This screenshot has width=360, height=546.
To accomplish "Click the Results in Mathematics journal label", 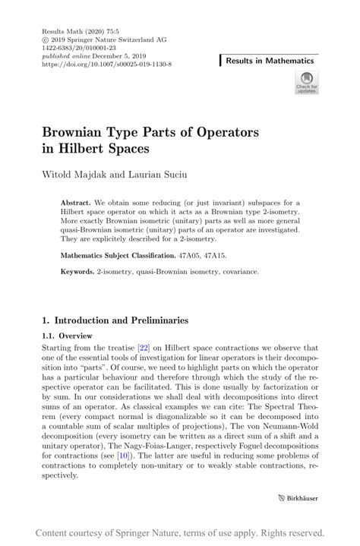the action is click(x=277, y=59).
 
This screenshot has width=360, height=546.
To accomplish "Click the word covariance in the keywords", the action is click(x=240, y=270).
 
